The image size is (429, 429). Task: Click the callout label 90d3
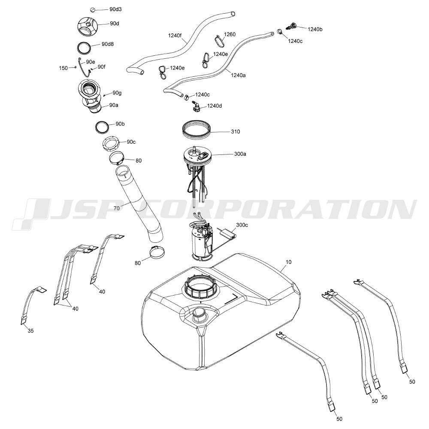[115, 9]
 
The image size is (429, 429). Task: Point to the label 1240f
[175, 35]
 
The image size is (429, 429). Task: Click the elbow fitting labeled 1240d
[196, 106]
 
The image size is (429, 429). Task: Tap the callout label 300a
[240, 154]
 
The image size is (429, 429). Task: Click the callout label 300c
[242, 225]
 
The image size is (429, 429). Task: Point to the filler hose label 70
[117, 208]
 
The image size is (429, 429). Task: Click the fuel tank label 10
[288, 262]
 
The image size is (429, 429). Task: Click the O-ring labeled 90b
[103, 127]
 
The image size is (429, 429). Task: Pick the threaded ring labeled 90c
[112, 143]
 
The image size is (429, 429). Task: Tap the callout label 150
[63, 68]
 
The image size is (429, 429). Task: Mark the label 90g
[117, 93]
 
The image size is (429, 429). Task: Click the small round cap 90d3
[93, 10]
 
